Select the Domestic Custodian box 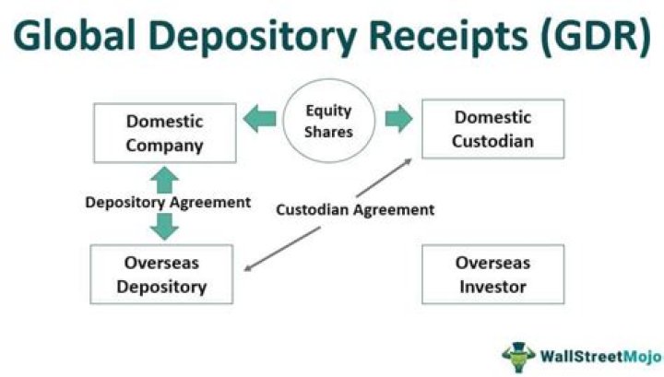(x=492, y=130)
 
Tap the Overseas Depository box (x=161, y=275)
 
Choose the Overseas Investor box (x=492, y=275)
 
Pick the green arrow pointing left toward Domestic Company (x=260, y=118)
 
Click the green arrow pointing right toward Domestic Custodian (x=398, y=118)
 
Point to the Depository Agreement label (x=166, y=202)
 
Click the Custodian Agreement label (x=355, y=209)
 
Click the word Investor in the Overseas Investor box (x=492, y=287)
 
